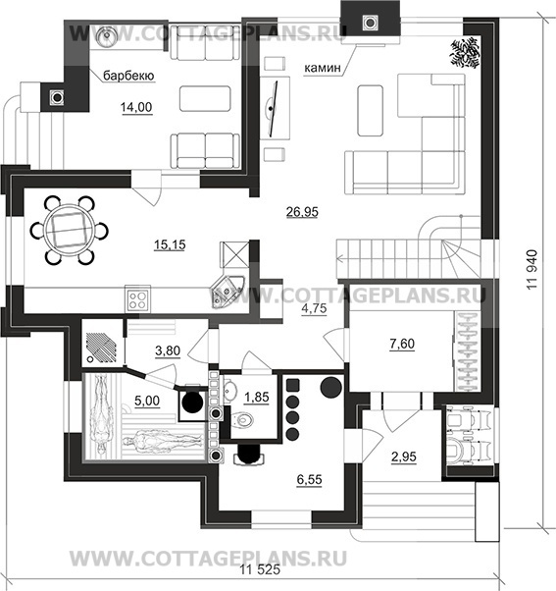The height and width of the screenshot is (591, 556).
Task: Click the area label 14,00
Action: [136, 107]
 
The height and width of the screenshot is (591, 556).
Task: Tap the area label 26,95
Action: [302, 212]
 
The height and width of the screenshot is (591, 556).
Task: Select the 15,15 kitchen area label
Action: [170, 245]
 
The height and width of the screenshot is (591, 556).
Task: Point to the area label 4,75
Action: [315, 308]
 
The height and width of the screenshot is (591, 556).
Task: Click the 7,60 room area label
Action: [402, 344]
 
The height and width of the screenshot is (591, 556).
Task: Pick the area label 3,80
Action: [168, 350]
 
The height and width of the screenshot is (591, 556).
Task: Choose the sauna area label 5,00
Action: [147, 401]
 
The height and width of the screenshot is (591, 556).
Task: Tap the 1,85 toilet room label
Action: [257, 398]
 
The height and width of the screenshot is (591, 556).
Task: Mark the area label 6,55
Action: [310, 480]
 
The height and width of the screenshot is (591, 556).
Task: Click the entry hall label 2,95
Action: [404, 457]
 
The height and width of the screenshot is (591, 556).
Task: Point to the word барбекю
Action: [128, 76]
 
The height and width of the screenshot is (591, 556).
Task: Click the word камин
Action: [323, 68]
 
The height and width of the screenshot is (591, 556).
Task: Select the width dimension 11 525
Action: [260, 569]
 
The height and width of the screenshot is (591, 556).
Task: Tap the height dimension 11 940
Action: [532, 270]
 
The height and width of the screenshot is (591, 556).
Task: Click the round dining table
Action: [69, 230]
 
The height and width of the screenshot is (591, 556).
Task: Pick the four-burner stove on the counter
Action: [138, 298]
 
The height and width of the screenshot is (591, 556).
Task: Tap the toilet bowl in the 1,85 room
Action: [241, 419]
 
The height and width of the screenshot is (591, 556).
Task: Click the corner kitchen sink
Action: [227, 291]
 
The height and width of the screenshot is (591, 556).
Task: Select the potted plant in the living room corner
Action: [465, 53]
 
